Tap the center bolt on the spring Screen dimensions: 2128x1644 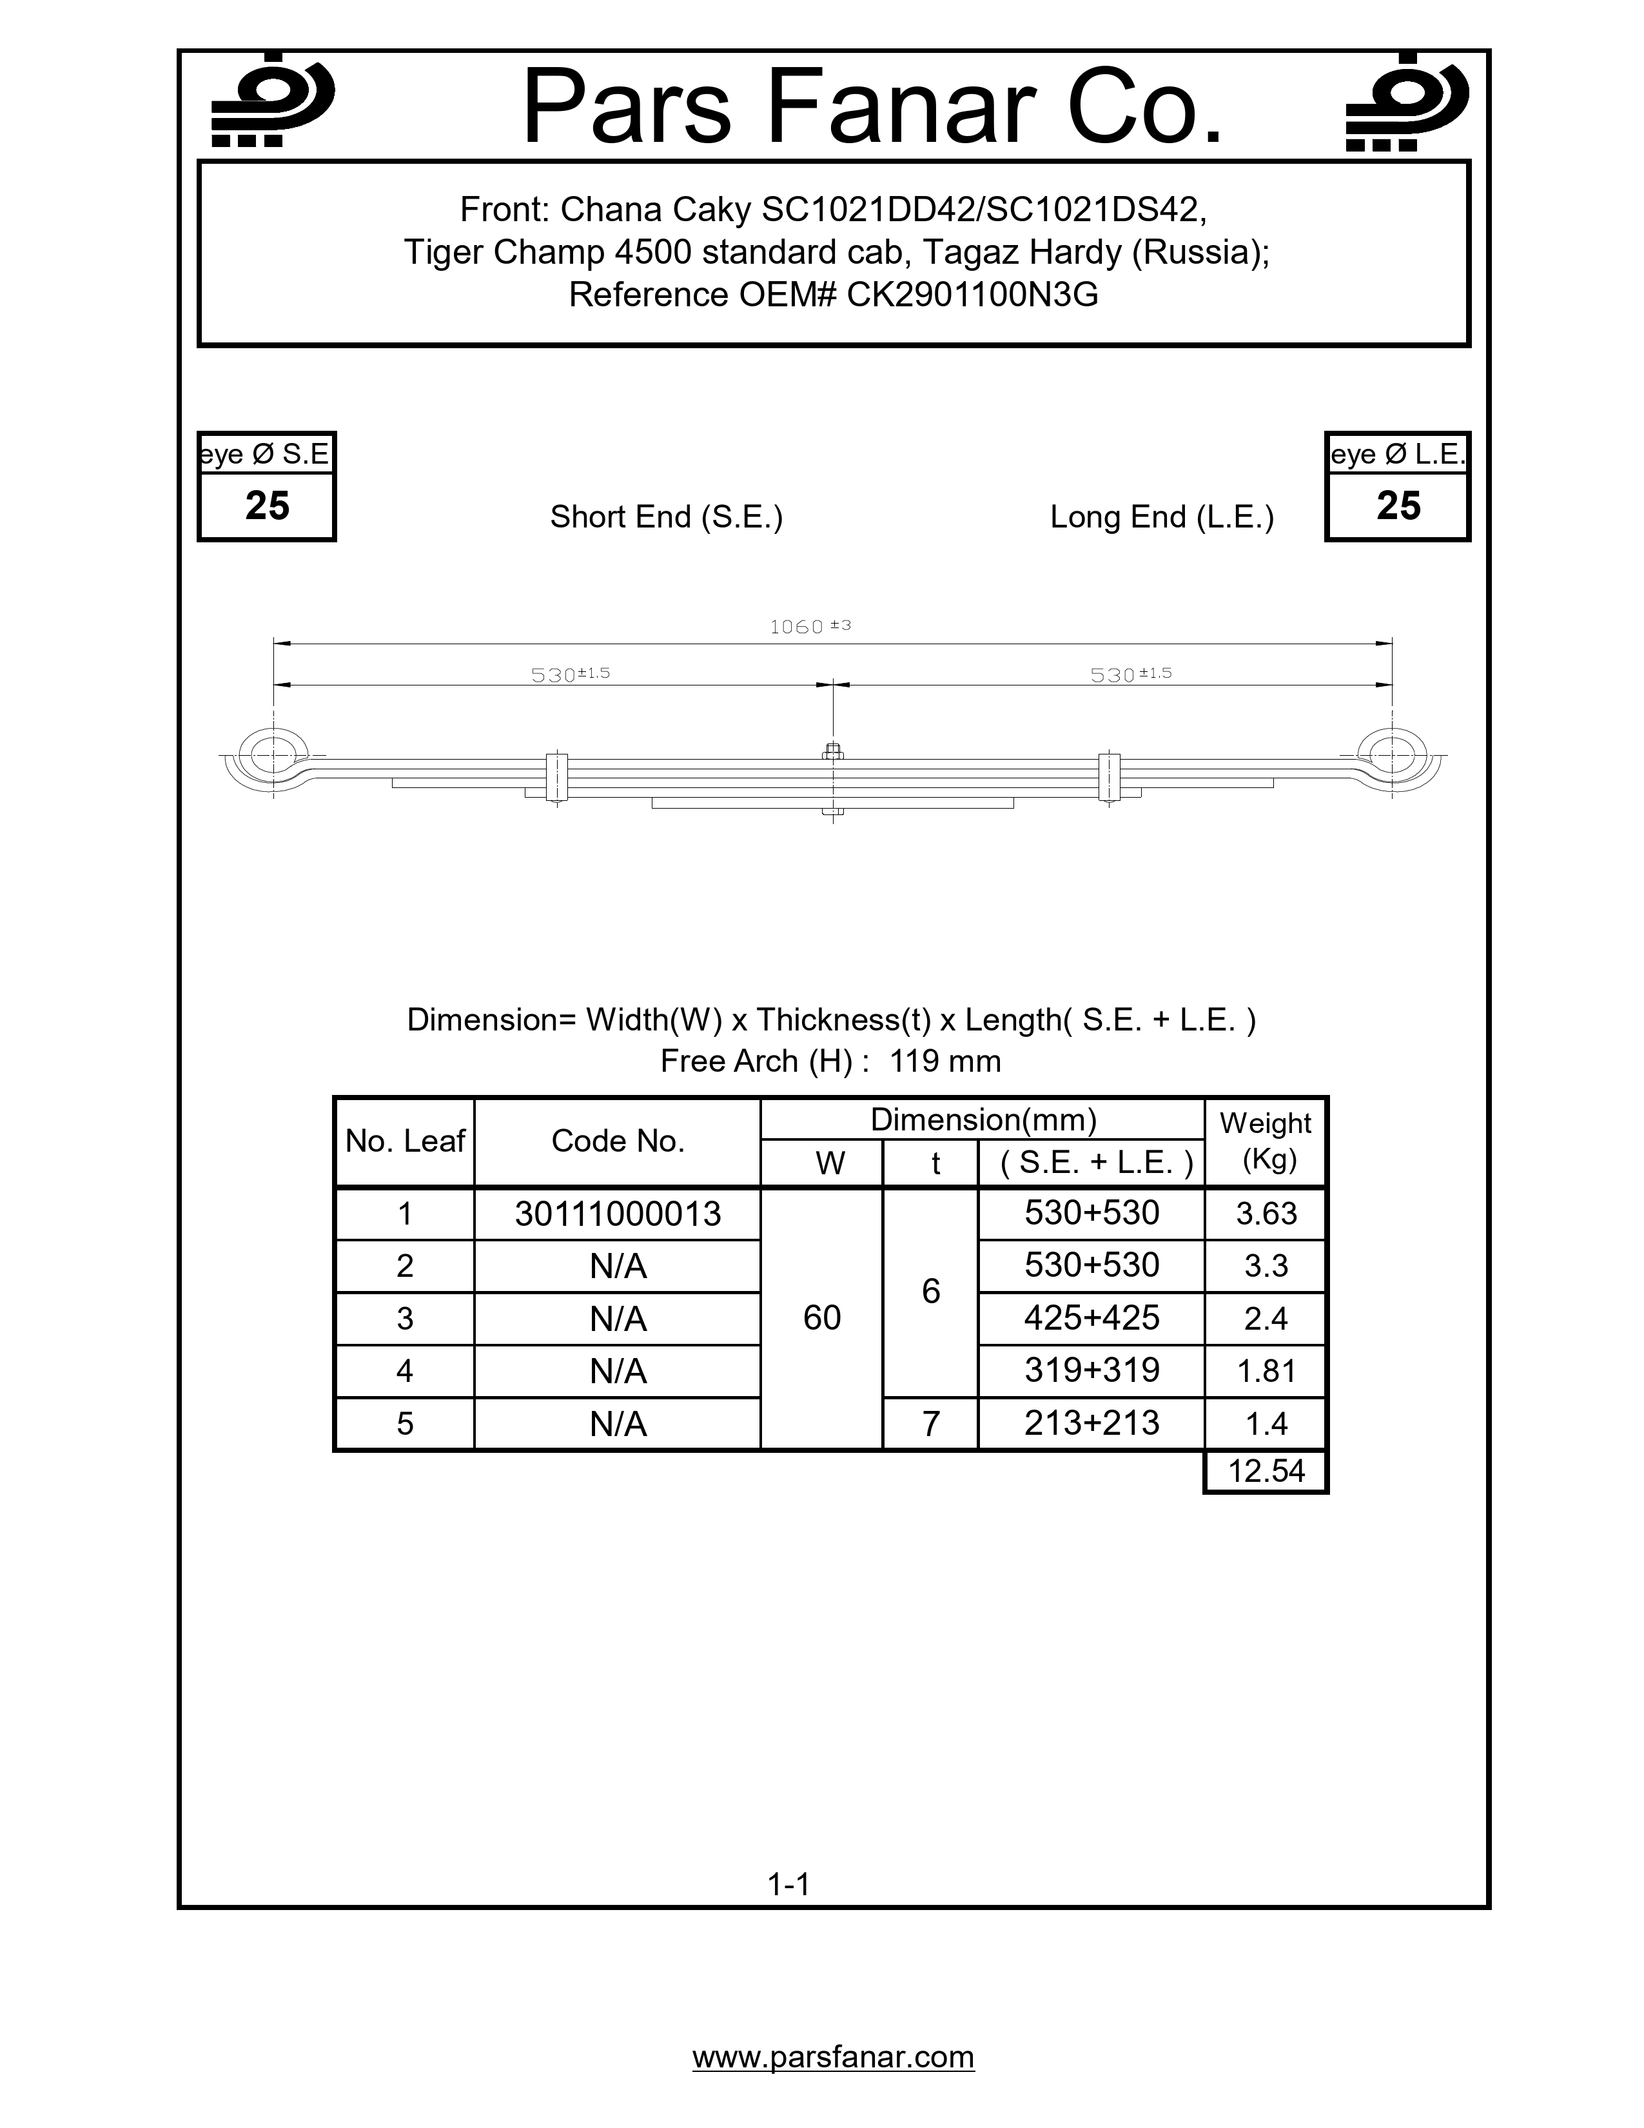click(833, 751)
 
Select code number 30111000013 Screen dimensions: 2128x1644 click(618, 1214)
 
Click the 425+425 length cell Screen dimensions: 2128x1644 click(1091, 1318)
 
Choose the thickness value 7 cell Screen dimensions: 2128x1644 click(930, 1424)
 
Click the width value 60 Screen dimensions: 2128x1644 click(822, 1318)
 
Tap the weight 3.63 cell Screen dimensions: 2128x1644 click(1266, 1214)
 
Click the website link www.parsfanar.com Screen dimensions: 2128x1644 click(833, 2057)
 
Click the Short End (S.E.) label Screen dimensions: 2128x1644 click(666, 517)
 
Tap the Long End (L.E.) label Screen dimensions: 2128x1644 click(1162, 517)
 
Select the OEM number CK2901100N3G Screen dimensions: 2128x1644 click(972, 294)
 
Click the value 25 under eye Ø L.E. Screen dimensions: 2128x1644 click(1398, 506)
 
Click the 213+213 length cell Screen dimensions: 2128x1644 click(1091, 1424)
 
